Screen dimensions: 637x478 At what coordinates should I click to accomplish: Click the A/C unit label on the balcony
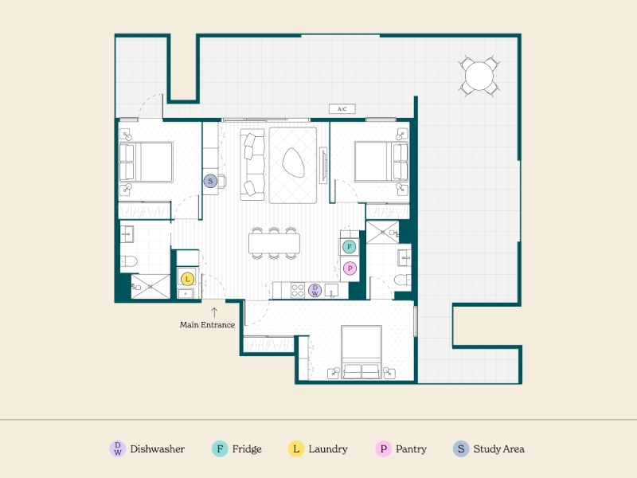pyautogui.click(x=342, y=109)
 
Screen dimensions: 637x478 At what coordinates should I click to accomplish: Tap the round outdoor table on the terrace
pyautogui.click(x=479, y=76)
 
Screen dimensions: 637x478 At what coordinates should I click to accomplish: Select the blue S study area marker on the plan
pyautogui.click(x=210, y=181)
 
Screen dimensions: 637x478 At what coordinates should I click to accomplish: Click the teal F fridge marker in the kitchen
pyautogui.click(x=349, y=247)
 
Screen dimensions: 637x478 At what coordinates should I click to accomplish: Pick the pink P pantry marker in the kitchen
pyautogui.click(x=350, y=268)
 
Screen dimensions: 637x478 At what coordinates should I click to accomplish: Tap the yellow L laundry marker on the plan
pyautogui.click(x=187, y=279)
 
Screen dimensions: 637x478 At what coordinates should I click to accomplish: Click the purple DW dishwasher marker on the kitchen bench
pyautogui.click(x=315, y=290)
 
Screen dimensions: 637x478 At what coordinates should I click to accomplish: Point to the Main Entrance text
pyautogui.click(x=207, y=325)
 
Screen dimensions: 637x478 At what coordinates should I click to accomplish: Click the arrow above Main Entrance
pyautogui.click(x=214, y=312)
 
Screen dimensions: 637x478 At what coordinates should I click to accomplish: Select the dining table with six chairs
pyautogui.click(x=274, y=243)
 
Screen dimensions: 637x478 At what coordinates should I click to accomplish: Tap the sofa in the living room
pyautogui.click(x=252, y=165)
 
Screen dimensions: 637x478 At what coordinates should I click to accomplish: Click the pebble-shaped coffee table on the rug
pyautogui.click(x=293, y=163)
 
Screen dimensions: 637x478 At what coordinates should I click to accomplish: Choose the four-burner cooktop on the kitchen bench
pyautogui.click(x=297, y=291)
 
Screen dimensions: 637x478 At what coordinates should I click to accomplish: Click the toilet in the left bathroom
pyautogui.click(x=129, y=261)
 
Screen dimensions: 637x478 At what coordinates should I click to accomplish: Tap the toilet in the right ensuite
pyautogui.click(x=403, y=280)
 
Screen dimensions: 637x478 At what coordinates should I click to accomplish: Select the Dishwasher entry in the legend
pyautogui.click(x=147, y=449)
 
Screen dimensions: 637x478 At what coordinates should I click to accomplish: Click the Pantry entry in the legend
pyautogui.click(x=401, y=449)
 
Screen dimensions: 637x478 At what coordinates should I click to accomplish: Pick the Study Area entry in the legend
pyautogui.click(x=489, y=449)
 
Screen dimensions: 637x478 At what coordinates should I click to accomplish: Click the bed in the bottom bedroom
pyautogui.click(x=361, y=352)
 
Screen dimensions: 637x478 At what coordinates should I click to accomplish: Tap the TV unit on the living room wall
pyautogui.click(x=323, y=165)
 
